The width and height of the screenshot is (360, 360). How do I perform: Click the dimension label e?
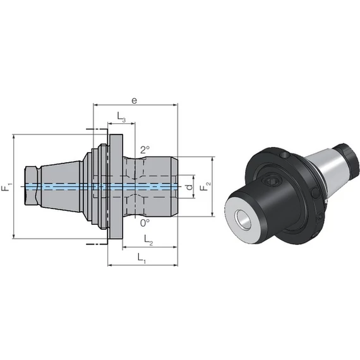point(135,100)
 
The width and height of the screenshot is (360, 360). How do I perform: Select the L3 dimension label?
point(121,117)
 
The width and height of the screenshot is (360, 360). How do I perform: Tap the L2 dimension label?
point(148,240)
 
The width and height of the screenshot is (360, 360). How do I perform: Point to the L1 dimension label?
point(141,258)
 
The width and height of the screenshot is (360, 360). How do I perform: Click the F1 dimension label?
point(7,187)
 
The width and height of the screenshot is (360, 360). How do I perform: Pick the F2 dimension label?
point(205,186)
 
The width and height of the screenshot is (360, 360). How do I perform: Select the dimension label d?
point(189,187)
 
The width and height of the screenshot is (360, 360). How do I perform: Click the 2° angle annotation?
point(145,150)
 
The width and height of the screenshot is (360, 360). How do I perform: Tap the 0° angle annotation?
point(145,223)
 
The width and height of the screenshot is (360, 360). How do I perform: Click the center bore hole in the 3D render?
point(243,220)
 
